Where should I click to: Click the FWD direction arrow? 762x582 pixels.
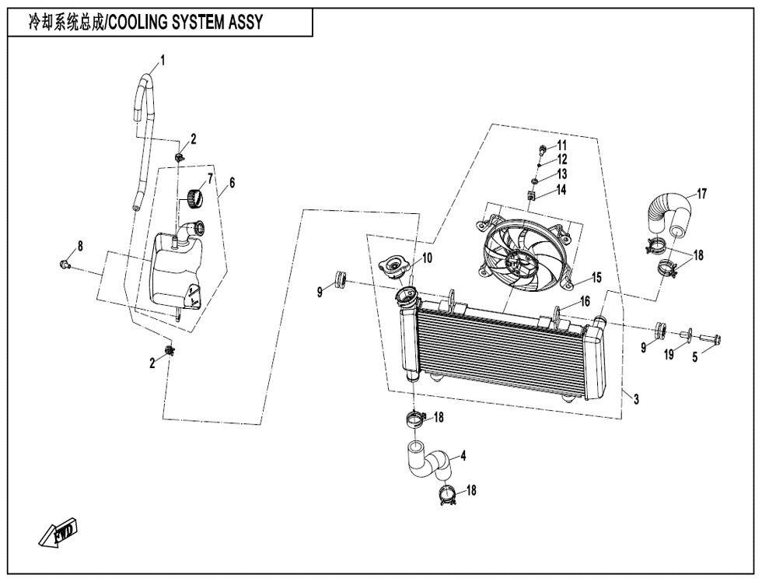pyautogui.click(x=58, y=534)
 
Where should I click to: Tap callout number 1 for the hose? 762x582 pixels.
pyautogui.click(x=163, y=60)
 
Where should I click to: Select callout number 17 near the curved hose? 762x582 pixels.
pyautogui.click(x=701, y=194)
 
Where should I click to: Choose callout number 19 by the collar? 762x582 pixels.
pyautogui.click(x=667, y=355)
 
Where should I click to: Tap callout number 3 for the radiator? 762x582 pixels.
pyautogui.click(x=636, y=399)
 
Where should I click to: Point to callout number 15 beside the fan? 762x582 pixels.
pyautogui.click(x=596, y=276)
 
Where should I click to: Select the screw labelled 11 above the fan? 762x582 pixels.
pyautogui.click(x=540, y=148)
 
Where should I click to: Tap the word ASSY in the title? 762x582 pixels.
pyautogui.click(x=243, y=23)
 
